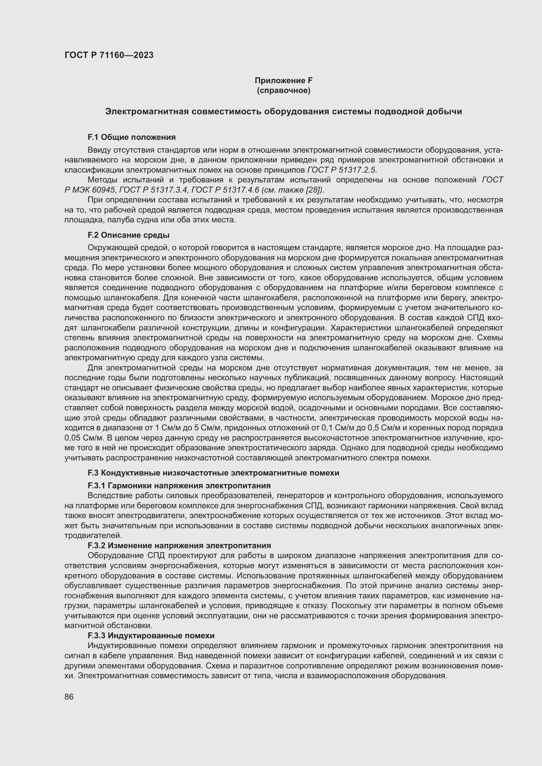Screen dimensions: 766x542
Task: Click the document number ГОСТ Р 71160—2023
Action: tap(109, 55)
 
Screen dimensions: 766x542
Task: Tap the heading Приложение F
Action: tap(283, 81)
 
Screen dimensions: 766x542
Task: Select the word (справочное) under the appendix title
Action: tap(283, 90)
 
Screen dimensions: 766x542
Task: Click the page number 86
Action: tap(69, 697)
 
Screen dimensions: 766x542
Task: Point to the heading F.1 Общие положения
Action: tap(131, 137)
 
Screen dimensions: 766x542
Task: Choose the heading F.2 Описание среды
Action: tap(128, 235)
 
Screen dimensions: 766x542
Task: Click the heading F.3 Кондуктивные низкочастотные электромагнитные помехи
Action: tap(213, 473)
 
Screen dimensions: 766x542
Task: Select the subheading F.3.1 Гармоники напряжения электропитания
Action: tap(179, 485)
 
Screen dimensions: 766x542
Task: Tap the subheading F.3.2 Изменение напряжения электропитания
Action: tap(179, 546)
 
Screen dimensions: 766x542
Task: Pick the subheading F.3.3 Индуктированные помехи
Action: tap(151, 636)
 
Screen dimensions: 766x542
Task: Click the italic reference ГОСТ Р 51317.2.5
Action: tap(341, 170)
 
